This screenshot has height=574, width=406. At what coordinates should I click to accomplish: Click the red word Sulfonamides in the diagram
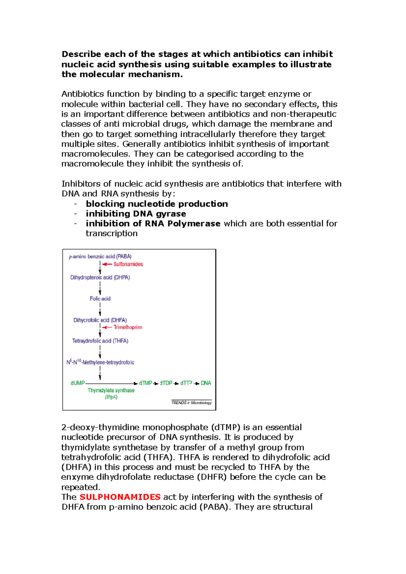tap(128, 264)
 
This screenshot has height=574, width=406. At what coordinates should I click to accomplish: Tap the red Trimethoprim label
tap(128, 327)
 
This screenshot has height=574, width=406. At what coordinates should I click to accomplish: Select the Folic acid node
tap(100, 298)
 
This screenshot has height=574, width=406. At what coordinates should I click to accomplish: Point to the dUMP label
tap(77, 383)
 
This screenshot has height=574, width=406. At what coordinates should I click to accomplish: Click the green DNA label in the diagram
tap(206, 383)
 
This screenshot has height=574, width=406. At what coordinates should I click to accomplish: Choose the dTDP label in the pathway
tap(166, 383)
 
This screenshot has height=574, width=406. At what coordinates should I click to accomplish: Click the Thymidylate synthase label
tap(111, 390)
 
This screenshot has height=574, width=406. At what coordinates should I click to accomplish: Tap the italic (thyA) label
tap(111, 397)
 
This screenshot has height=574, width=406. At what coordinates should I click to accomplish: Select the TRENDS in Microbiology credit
tap(191, 403)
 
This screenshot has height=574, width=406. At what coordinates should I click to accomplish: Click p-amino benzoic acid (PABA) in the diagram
tap(100, 257)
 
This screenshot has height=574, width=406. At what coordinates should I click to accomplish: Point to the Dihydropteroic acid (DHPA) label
tap(100, 278)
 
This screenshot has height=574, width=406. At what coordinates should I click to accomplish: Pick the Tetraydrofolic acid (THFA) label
tap(100, 341)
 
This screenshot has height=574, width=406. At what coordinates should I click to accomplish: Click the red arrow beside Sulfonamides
tap(107, 264)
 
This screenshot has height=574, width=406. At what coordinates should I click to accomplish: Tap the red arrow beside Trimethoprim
tap(107, 327)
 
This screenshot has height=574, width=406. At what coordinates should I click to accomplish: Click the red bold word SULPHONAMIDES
tap(120, 497)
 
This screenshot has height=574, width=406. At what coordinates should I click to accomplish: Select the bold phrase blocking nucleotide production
tap(157, 204)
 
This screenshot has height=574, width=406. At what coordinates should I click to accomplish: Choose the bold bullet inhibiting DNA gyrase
tap(136, 214)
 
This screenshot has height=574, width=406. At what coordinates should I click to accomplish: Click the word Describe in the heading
tap(81, 54)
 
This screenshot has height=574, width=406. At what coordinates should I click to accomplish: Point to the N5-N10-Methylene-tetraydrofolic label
tap(100, 362)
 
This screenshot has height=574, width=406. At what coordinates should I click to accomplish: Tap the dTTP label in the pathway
tap(186, 383)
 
